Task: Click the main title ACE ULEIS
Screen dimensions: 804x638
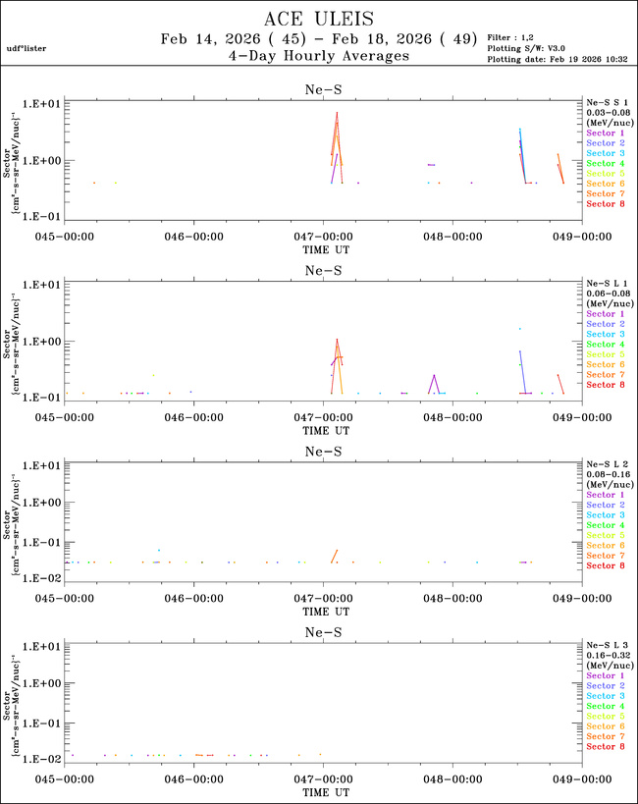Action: click(x=319, y=19)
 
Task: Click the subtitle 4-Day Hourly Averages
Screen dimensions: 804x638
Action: click(x=319, y=57)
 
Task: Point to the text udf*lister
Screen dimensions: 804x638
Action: click(x=26, y=48)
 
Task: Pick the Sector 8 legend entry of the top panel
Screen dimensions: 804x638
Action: click(x=605, y=204)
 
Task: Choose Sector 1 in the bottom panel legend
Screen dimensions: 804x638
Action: click(x=605, y=676)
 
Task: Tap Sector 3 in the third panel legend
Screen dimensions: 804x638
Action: click(x=605, y=515)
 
